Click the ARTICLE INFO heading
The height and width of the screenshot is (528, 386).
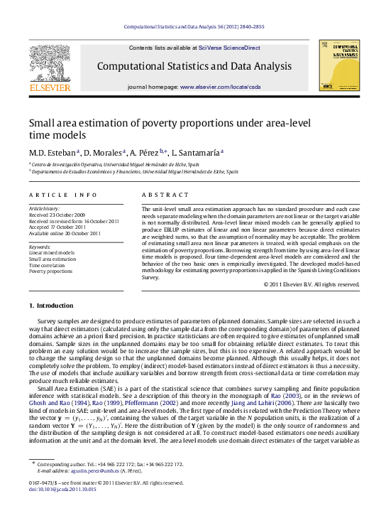tap(63, 195)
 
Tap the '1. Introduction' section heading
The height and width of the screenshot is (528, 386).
tap(50, 306)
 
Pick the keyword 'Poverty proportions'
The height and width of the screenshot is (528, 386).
tap(50, 271)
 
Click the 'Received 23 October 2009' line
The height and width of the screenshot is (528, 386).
tap(57, 215)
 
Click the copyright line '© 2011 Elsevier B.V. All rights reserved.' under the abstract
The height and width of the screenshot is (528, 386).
tap(311, 284)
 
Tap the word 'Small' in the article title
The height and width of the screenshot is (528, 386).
tap(44, 122)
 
